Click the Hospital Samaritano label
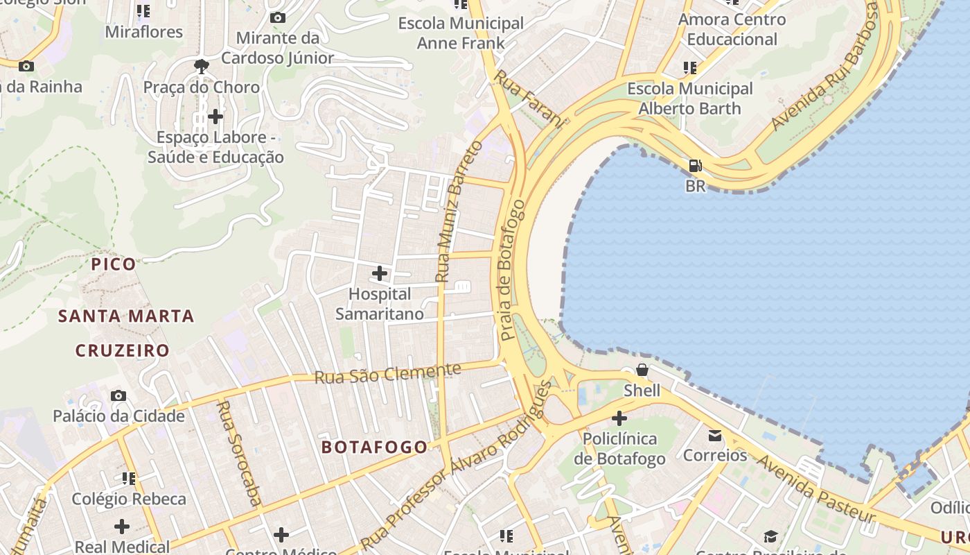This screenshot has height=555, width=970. [379, 304]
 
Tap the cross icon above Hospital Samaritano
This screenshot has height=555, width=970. [380, 273]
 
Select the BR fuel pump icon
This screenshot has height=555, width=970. [695, 166]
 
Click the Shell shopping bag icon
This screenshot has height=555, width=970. [642, 370]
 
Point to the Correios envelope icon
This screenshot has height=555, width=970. [714, 436]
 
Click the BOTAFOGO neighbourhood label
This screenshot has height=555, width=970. [374, 447]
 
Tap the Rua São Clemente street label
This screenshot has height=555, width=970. [387, 373]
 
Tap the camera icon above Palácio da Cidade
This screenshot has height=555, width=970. [118, 395]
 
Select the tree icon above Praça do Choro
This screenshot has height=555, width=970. [202, 67]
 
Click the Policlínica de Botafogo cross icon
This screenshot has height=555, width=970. [619, 418]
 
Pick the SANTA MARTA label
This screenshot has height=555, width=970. [126, 316]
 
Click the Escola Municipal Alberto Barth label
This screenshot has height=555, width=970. [689, 99]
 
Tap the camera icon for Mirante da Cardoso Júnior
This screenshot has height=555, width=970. [278, 17]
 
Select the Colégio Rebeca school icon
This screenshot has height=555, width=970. [129, 478]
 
